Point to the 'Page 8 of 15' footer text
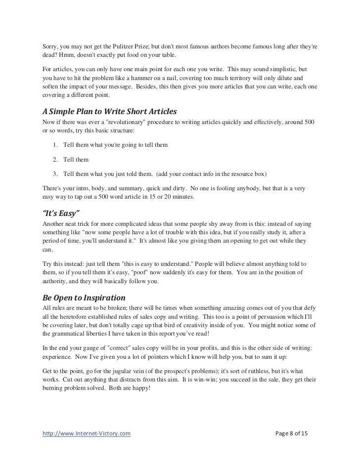pyautogui.click(x=291, y=434)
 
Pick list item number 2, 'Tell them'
pyautogui.click(x=74, y=160)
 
